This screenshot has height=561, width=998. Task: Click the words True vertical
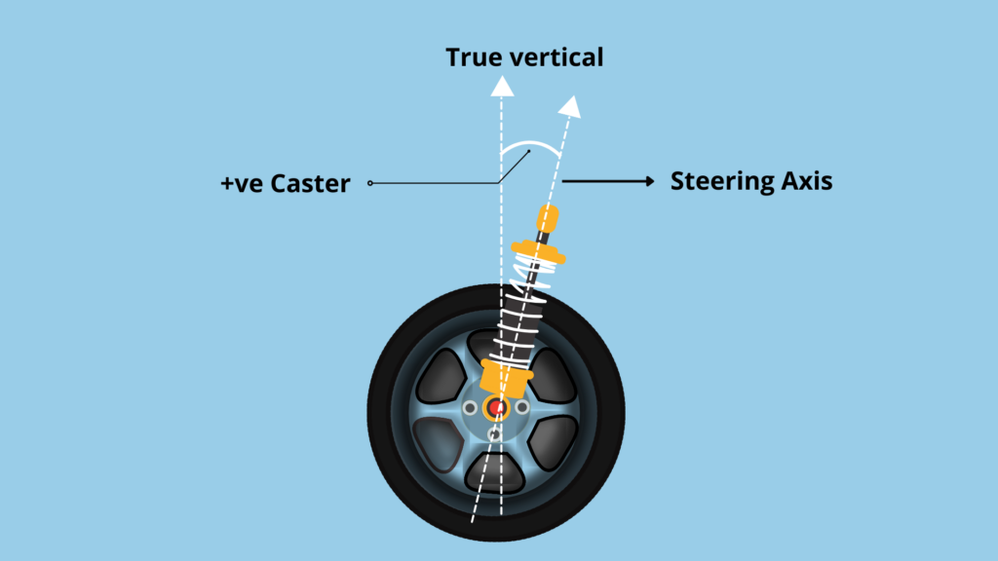click(524, 57)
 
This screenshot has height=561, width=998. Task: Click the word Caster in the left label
click(306, 183)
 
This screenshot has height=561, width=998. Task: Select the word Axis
click(804, 181)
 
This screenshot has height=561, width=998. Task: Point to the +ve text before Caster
click(240, 183)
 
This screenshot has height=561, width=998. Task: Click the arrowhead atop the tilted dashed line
click(573, 104)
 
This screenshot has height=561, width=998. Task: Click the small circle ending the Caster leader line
click(371, 183)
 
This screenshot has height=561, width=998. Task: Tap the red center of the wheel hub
click(497, 407)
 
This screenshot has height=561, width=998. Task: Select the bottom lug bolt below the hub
click(495, 434)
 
